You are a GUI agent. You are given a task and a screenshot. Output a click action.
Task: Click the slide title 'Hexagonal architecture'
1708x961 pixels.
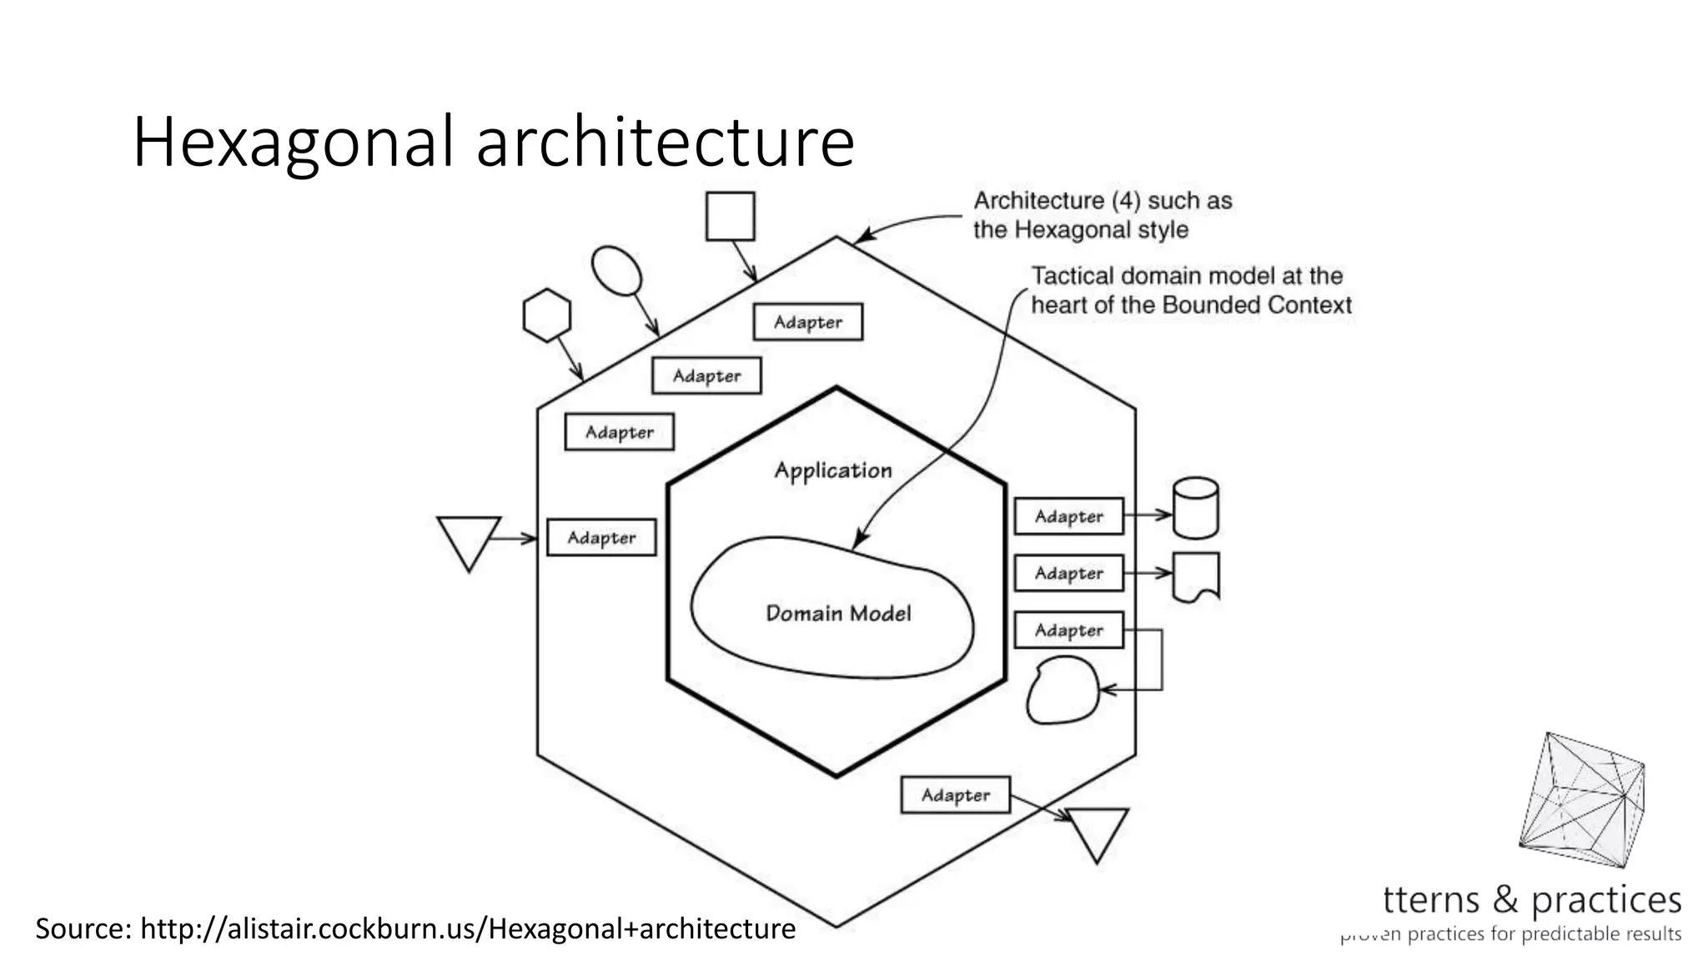click(493, 142)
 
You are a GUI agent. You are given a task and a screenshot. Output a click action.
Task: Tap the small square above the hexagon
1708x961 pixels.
click(730, 216)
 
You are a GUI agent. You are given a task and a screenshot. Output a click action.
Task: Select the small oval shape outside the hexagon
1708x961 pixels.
click(616, 271)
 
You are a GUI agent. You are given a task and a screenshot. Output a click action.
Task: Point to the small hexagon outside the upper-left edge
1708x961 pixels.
click(547, 315)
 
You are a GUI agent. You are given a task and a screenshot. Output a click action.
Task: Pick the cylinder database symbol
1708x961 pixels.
click(1195, 508)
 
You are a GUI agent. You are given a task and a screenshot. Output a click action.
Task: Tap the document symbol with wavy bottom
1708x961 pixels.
click(1196, 576)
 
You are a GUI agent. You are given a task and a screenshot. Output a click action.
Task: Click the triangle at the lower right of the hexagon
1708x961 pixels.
click(1098, 831)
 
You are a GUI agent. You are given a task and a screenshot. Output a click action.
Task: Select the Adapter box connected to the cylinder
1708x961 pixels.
click(1068, 516)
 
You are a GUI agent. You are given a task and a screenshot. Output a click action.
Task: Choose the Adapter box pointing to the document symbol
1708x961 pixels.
click(1068, 573)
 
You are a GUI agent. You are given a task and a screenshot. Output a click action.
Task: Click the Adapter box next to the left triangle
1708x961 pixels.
click(601, 538)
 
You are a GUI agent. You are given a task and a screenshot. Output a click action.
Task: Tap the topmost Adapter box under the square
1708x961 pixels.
click(807, 322)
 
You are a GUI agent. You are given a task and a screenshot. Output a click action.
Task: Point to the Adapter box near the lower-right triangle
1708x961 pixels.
click(955, 795)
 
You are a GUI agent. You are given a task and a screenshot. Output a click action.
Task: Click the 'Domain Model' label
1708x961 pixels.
click(838, 614)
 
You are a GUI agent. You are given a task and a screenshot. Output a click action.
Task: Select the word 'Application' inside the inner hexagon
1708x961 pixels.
click(833, 470)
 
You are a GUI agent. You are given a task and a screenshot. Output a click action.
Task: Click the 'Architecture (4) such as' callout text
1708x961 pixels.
click(1103, 201)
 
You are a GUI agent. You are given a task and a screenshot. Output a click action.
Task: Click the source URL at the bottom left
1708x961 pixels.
click(415, 928)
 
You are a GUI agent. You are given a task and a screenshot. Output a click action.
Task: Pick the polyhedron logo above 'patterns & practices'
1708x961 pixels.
click(1582, 799)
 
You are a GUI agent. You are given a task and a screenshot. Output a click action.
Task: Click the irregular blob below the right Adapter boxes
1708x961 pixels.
click(1062, 690)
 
